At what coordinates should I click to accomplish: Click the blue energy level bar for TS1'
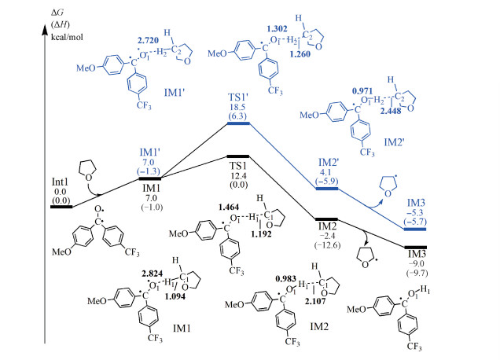[237, 123]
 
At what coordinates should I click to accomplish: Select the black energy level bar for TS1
[237, 156]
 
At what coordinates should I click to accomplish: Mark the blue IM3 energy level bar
[410, 229]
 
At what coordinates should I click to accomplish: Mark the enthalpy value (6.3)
[237, 114]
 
